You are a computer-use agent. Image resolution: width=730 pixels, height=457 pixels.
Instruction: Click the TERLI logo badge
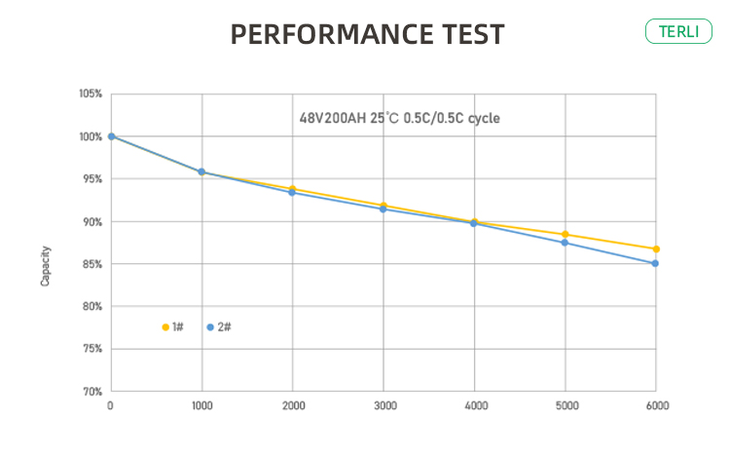(x=678, y=30)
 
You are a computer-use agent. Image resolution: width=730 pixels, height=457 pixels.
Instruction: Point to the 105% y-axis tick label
(x=91, y=95)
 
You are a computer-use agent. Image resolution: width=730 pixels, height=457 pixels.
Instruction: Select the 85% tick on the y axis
(x=91, y=264)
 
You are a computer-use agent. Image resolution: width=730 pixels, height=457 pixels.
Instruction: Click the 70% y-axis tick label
(x=91, y=392)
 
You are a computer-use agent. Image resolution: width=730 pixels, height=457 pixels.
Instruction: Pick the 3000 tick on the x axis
(x=383, y=404)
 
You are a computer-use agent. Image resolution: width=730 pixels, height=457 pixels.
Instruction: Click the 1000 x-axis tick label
(x=201, y=404)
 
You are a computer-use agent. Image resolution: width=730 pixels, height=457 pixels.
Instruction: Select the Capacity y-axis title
(x=46, y=265)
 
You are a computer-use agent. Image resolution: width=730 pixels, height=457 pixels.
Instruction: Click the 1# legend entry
(x=173, y=327)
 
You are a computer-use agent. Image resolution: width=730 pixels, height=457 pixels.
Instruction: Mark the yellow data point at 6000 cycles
(x=656, y=249)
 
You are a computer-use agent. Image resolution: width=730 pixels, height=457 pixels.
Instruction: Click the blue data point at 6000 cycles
(x=656, y=263)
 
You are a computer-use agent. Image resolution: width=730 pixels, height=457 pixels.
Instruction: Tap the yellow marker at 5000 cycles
(x=566, y=235)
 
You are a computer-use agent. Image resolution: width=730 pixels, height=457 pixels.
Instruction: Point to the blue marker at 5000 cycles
(x=566, y=243)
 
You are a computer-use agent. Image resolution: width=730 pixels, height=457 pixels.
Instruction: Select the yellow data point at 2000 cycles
(x=292, y=188)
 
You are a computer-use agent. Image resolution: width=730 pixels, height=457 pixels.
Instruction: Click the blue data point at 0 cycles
(x=111, y=136)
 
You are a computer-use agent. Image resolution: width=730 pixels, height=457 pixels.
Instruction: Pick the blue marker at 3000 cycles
(x=383, y=209)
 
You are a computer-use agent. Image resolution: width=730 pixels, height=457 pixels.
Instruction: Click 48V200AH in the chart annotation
(x=330, y=118)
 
